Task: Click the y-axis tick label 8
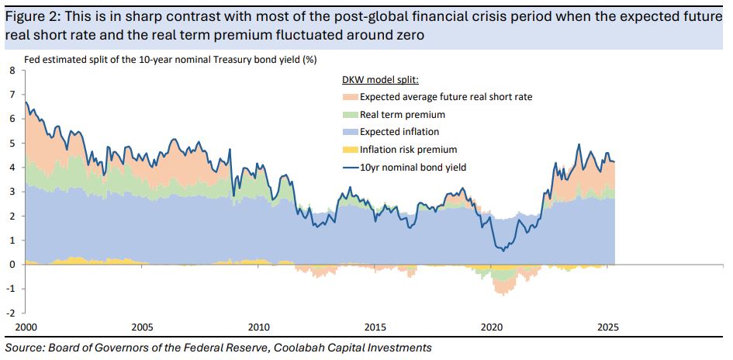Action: pos(12,71)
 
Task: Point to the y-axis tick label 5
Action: pos(12,144)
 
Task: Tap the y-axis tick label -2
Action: pos(10,313)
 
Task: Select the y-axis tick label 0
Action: pos(12,265)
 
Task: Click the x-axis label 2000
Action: pos(26,327)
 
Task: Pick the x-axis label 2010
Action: pos(258,327)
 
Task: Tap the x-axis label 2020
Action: pos(492,327)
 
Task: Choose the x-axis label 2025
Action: pos(608,327)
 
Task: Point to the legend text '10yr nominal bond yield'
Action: pos(412,167)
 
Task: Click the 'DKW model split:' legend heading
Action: pos(380,80)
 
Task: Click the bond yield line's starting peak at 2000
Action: pos(26,102)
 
